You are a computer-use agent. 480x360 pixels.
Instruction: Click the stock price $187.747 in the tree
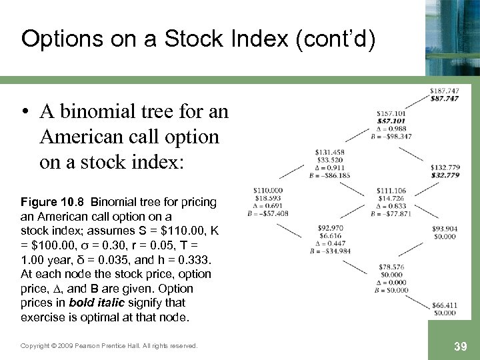click(x=444, y=91)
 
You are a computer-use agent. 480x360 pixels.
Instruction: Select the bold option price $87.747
click(x=444, y=99)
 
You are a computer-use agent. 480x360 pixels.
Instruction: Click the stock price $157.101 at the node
click(x=391, y=113)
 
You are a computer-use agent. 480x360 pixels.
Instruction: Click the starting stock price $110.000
click(x=268, y=191)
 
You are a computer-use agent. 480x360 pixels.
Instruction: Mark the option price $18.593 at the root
click(x=268, y=199)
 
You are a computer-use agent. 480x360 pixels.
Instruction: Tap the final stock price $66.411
click(x=444, y=305)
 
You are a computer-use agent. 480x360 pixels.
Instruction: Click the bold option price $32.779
click(x=444, y=175)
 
